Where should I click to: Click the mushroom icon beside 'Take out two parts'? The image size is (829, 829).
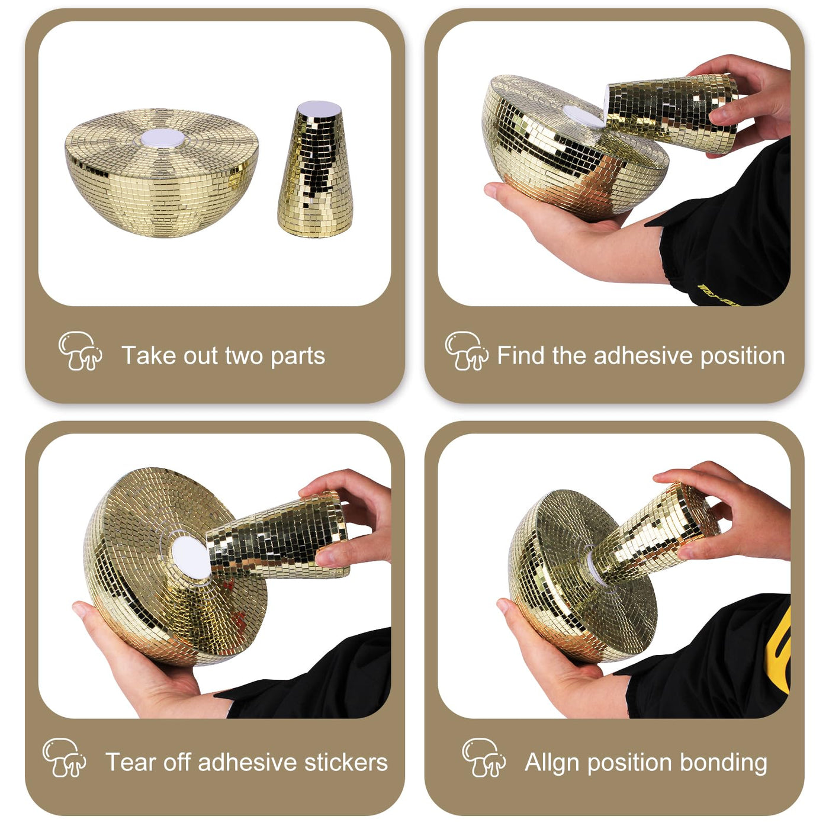click(x=80, y=351)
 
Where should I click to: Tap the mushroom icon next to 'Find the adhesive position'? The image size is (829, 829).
click(x=467, y=351)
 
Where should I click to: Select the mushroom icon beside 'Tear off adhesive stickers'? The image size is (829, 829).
click(x=64, y=757)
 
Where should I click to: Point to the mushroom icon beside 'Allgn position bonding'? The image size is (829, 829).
click(x=484, y=757)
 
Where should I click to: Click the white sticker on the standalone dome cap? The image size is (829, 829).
click(x=163, y=138)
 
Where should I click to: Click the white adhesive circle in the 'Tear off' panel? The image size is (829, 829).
click(x=191, y=558)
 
